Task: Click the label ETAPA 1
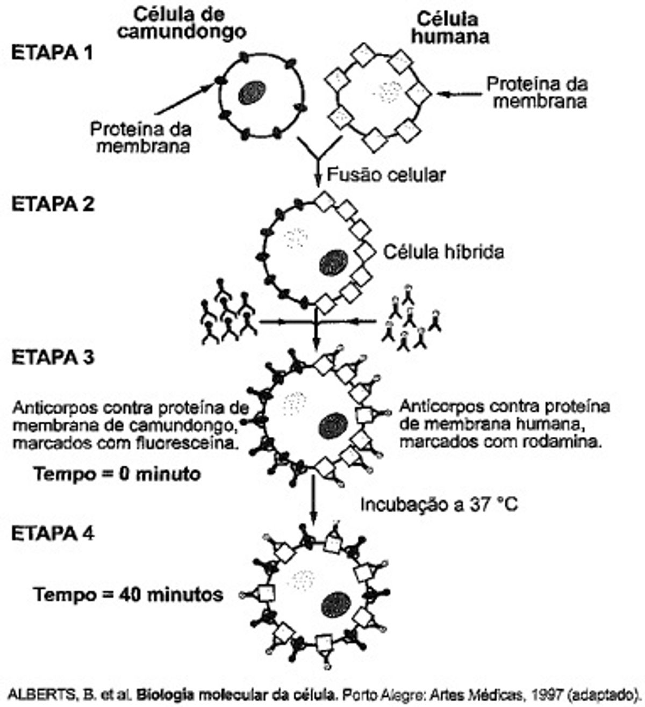coord(52,53)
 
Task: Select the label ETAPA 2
coord(52,205)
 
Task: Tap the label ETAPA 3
coord(52,357)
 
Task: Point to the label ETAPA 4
coord(52,533)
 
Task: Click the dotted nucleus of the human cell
coord(388,92)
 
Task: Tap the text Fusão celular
coord(386,175)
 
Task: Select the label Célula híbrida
coord(444,251)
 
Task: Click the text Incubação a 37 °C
coord(439,504)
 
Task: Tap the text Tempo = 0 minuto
coord(117,474)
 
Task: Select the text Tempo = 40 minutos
coord(128,594)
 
